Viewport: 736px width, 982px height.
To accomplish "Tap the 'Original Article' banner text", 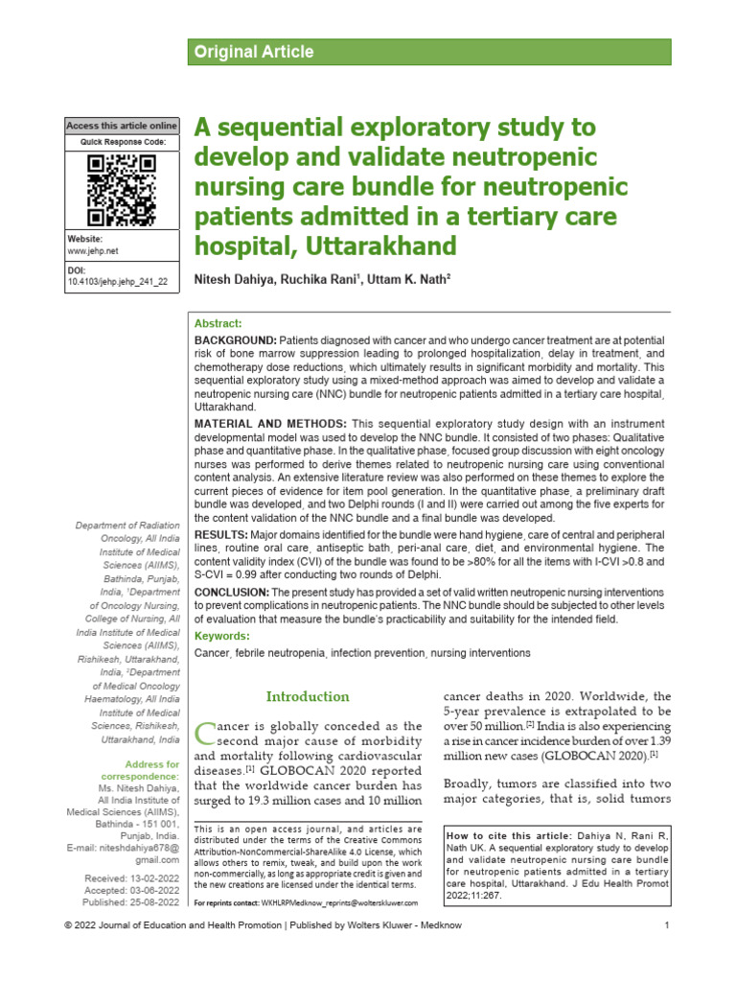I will pos(254,52).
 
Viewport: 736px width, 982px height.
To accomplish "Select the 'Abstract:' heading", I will pos(218,324).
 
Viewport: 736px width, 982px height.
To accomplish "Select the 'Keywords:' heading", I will pos(221,636).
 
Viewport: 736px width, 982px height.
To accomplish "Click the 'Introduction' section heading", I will pos(308,696).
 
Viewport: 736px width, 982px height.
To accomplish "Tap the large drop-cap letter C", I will pos(204,735).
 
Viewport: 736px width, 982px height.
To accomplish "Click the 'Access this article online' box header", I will pos(122,126).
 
